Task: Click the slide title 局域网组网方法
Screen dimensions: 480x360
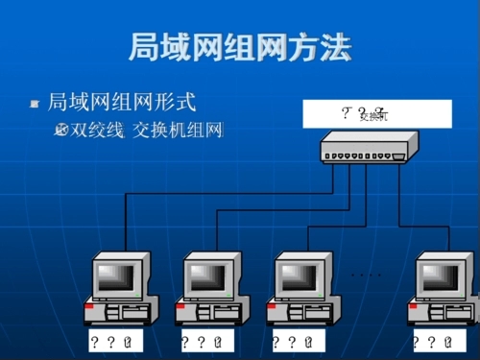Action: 239,49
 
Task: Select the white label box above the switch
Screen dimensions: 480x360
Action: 375,114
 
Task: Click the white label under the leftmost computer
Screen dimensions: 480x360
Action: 116,343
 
